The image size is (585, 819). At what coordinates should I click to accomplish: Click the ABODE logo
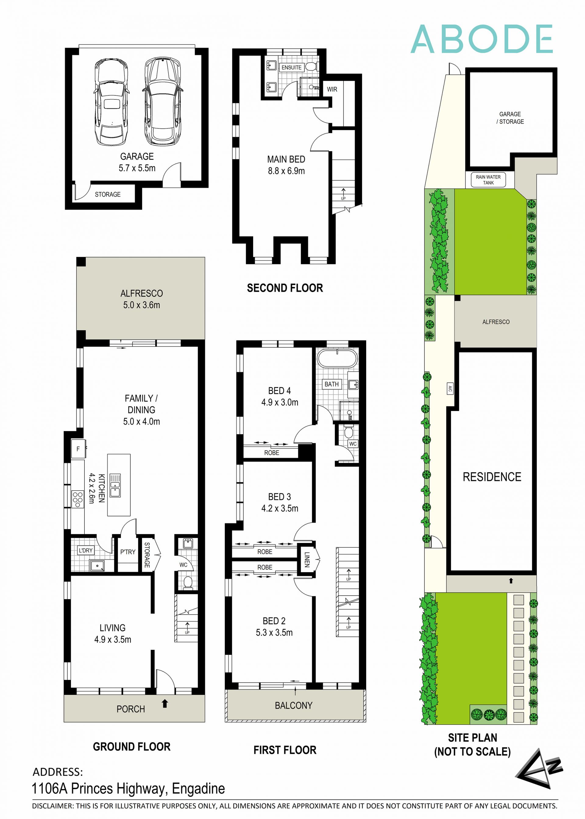[x=481, y=39]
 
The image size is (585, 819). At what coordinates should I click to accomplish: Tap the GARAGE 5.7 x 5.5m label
[x=137, y=162]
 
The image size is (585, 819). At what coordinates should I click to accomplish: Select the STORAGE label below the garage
[x=107, y=194]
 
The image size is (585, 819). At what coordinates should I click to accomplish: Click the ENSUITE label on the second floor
[x=291, y=67]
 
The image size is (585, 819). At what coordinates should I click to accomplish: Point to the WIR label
[x=332, y=89]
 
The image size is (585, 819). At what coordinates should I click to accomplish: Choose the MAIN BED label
[x=286, y=165]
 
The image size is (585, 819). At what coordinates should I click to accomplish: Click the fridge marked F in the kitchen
[x=78, y=449]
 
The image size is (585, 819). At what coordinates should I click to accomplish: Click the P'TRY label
[x=128, y=552]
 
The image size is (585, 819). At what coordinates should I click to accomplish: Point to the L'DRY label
[x=86, y=550]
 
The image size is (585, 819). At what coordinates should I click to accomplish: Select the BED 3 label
[x=279, y=502]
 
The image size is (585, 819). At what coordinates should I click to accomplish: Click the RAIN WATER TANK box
[x=488, y=180]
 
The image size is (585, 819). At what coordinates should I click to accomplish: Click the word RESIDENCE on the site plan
[x=492, y=477]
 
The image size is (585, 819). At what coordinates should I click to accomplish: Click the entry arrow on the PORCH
[x=165, y=704]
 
